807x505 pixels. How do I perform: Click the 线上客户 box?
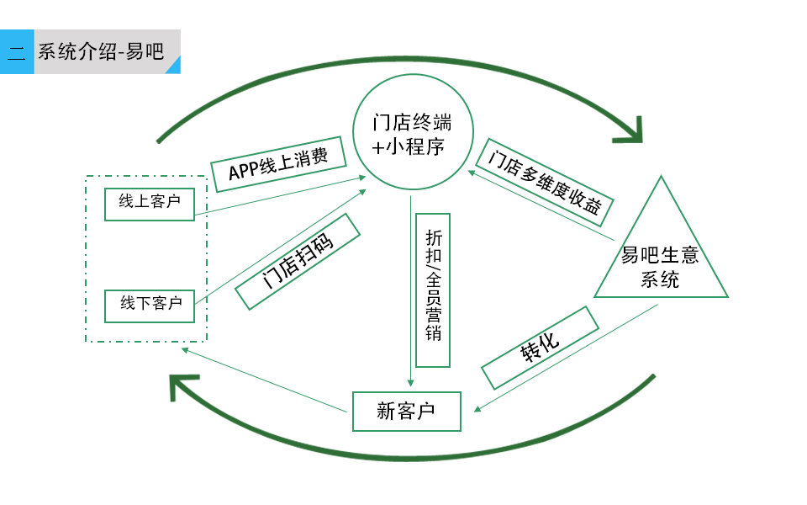click(150, 204)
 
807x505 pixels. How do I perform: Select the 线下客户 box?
click(150, 306)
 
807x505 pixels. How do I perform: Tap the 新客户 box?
click(407, 412)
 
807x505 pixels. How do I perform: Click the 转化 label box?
click(541, 348)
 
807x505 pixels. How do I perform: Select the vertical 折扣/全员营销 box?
click(433, 288)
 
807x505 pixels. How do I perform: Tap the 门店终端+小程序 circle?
click(410, 133)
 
